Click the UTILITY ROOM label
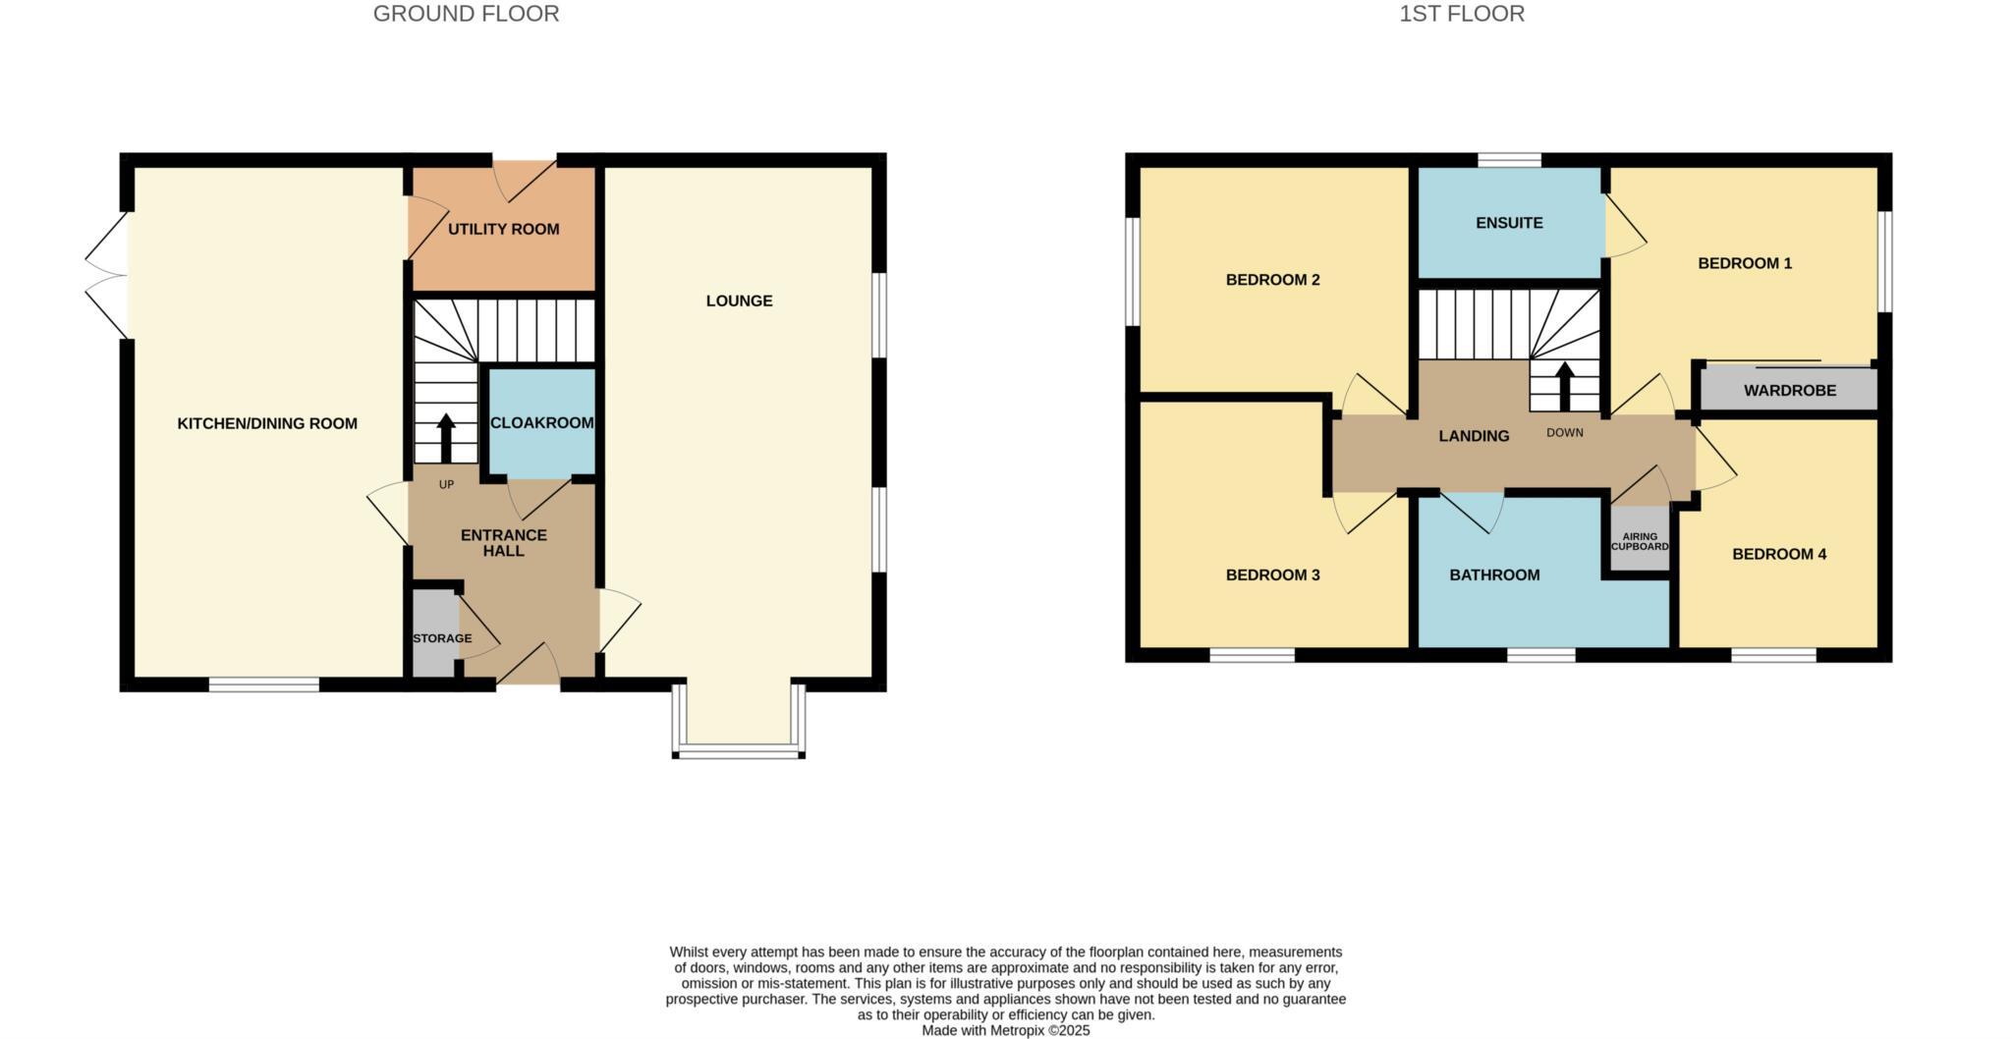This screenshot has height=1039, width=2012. (x=503, y=229)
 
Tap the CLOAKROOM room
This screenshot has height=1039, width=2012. (x=541, y=422)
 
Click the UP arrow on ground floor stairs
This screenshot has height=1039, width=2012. (x=446, y=437)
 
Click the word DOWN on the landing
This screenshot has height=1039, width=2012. (x=1564, y=432)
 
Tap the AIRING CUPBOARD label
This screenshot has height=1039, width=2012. (x=1639, y=541)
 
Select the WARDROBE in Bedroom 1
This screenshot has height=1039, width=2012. (x=1789, y=390)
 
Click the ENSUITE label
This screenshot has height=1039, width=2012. (x=1509, y=223)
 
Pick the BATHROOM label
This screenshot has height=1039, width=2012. (x=1494, y=574)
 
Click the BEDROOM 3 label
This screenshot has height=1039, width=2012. (x=1272, y=574)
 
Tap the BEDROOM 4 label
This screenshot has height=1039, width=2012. (x=1778, y=554)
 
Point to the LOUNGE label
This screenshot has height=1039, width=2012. (x=739, y=301)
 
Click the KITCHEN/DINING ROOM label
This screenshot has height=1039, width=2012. (x=267, y=423)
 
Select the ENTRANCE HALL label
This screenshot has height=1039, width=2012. (x=503, y=542)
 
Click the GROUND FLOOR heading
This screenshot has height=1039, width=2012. (x=466, y=14)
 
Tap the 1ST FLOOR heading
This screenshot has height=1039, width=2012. (x=1461, y=14)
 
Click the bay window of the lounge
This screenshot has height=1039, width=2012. (x=739, y=752)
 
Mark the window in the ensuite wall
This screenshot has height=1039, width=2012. (x=1509, y=159)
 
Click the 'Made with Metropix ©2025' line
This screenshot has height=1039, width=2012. (x=1005, y=1030)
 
